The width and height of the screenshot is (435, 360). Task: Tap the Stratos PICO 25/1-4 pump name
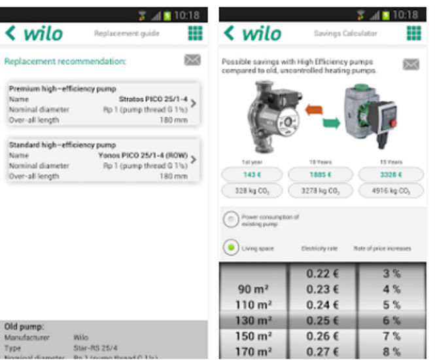152,99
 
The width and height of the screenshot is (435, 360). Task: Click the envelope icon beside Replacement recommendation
192,60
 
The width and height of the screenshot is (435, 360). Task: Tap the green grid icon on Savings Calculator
413,33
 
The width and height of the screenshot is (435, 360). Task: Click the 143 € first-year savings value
252,174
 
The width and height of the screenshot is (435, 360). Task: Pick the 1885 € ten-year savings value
320,174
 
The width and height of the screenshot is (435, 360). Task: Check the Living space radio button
230,248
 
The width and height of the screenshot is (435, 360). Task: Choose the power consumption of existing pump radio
230,220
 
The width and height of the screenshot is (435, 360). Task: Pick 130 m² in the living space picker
254,320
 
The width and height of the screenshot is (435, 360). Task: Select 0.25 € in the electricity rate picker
322,320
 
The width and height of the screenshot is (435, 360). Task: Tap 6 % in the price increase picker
391,320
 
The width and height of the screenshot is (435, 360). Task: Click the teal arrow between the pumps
331,122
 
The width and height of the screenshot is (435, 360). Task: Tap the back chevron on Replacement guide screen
10,33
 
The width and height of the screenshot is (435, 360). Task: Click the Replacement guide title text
126,33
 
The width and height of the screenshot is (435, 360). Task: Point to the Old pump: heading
24,326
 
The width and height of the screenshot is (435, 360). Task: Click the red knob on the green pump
393,122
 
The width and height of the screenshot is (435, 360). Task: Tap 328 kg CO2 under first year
252,191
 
